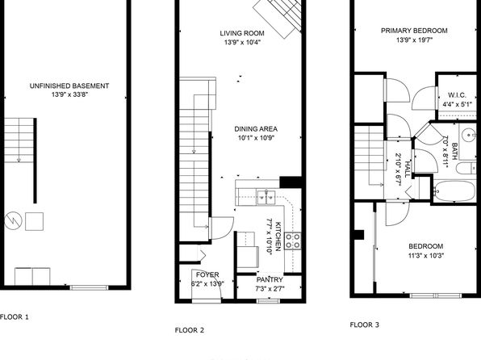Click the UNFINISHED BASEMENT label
[69, 86]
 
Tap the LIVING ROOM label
[242, 33]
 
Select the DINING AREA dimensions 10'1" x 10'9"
[256, 138]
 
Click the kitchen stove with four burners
[293, 241]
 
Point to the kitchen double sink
[266, 198]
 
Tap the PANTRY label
[270, 279]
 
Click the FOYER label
[207, 274]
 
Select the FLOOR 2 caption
[190, 330]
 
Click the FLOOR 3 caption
[365, 324]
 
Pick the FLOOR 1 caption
[14, 317]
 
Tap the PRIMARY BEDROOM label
[414, 31]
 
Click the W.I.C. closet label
[457, 95]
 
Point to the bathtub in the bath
[454, 190]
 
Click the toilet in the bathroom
[466, 169]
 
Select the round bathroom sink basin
[469, 135]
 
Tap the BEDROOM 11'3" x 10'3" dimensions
[426, 255]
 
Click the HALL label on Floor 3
[408, 170]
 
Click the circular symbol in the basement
[13, 220]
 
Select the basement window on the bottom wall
[89, 287]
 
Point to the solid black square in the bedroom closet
[359, 235]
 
